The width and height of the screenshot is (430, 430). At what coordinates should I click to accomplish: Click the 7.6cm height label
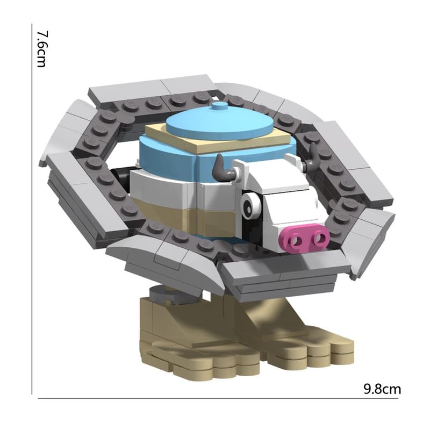click(41, 49)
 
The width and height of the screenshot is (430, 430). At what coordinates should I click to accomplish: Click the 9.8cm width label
click(382, 389)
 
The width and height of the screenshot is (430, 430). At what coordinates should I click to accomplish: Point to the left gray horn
click(224, 169)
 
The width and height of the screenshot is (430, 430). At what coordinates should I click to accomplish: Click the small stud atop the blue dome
click(218, 106)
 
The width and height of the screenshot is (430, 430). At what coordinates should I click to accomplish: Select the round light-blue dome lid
click(219, 125)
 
